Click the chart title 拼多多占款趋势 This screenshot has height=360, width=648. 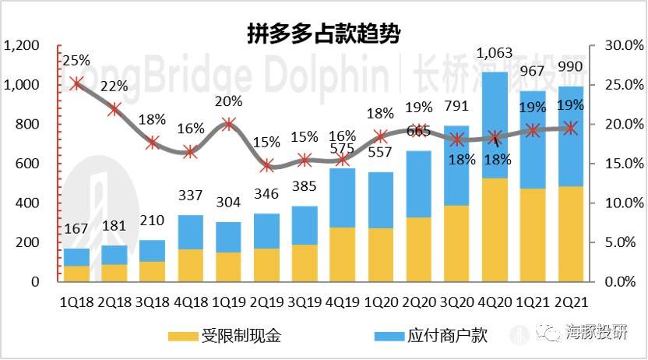pos(324,34)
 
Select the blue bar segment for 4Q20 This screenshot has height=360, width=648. pos(495,125)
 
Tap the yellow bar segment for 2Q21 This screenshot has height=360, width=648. pos(572,234)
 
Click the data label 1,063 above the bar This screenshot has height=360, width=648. pos(495,54)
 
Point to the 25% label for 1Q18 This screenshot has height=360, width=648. pos(76,59)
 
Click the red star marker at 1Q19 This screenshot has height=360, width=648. pos(228,124)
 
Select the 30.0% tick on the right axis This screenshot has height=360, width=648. pos(618,46)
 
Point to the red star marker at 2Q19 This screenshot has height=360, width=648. pos(267,164)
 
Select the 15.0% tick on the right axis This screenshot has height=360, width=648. pos(618,164)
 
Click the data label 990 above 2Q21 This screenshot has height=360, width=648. pos(572,67)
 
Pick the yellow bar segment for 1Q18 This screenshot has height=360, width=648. pos(76,273)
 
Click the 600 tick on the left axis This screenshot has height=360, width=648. pos(28,164)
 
